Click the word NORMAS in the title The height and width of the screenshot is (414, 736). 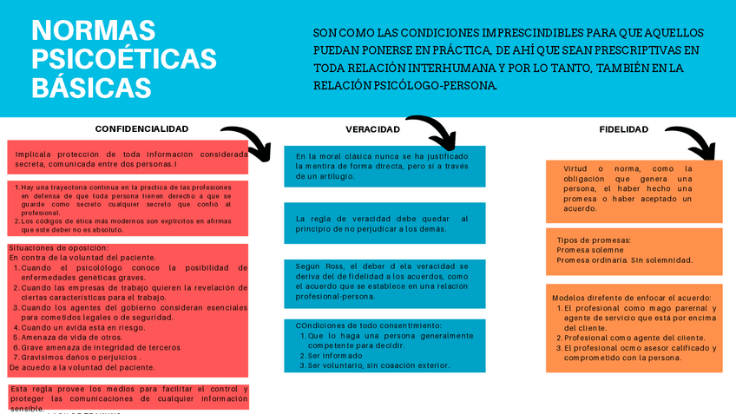pyautogui.click(x=94, y=31)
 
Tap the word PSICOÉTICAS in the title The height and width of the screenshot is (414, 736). pyautogui.click(x=124, y=59)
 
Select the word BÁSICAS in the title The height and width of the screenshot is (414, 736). pyautogui.click(x=91, y=88)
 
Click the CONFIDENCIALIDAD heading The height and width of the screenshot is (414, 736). pyautogui.click(x=141, y=128)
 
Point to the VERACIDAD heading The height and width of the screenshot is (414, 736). pyautogui.click(x=372, y=129)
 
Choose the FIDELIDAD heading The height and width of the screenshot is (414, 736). pyautogui.click(x=623, y=129)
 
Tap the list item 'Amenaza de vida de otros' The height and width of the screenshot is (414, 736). pyautogui.click(x=72, y=337)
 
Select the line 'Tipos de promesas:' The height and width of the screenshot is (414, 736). pyautogui.click(x=594, y=240)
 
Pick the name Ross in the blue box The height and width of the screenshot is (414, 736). pyautogui.click(x=335, y=266)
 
